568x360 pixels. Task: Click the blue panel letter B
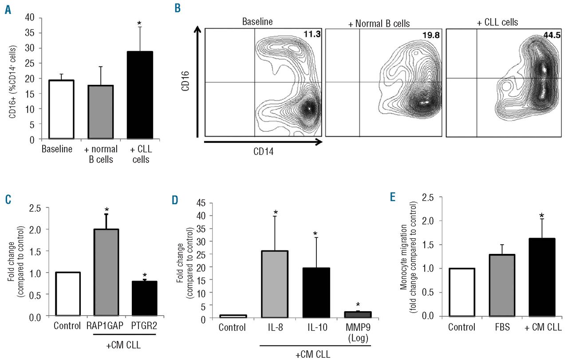tap(177, 8)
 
